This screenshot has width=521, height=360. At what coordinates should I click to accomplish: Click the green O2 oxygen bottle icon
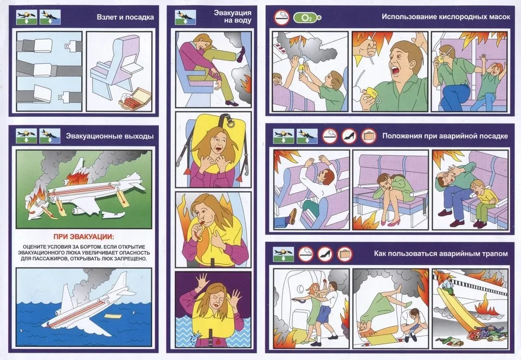pyautogui.click(x=307, y=18)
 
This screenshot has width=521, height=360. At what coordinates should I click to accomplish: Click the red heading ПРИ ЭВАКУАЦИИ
pyautogui.click(x=84, y=237)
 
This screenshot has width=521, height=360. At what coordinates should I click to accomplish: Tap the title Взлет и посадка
pyautogui.click(x=125, y=17)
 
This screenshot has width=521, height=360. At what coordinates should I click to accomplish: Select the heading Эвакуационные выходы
pyautogui.click(x=110, y=136)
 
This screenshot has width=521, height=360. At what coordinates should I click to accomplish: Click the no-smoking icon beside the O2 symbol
pyautogui.click(x=282, y=18)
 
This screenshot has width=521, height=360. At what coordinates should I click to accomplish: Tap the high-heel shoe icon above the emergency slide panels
pyautogui.click(x=325, y=254)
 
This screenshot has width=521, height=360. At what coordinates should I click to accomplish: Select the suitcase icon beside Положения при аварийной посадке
pyautogui.click(x=369, y=136)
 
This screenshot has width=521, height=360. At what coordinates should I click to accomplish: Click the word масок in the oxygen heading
pyautogui.click(x=498, y=17)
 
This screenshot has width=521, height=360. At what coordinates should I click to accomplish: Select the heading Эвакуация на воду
pyautogui.click(x=232, y=17)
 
